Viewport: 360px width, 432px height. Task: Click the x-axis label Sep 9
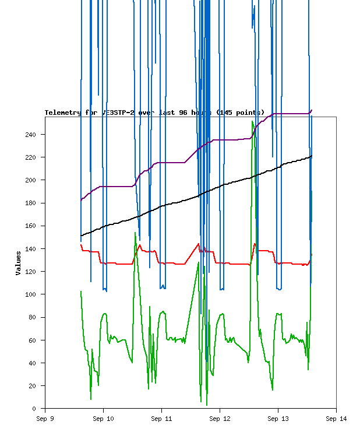45,418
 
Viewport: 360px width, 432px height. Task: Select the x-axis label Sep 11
161,418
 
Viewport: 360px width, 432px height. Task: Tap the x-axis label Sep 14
336,418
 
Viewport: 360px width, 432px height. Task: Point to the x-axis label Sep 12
220,418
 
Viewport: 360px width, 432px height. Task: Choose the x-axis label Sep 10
103,418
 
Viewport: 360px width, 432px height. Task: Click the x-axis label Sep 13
278,418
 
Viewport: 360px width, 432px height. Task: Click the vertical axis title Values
18,263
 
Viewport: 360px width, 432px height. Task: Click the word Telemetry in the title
63,113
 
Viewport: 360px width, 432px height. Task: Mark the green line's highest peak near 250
252,121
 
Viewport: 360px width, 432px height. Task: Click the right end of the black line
312,156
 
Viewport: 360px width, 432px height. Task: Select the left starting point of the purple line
81,200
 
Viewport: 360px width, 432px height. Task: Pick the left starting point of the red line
81,245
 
